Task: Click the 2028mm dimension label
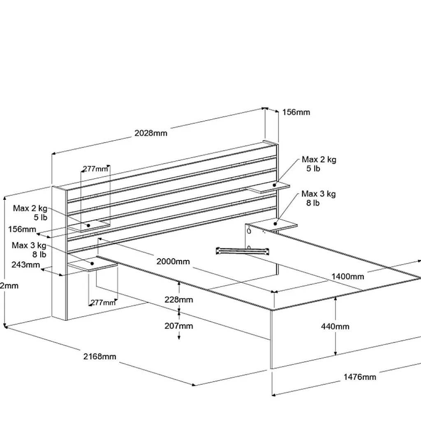[x=151, y=133]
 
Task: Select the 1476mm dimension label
[x=360, y=377]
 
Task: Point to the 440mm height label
[x=335, y=326]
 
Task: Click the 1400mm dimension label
[x=348, y=276]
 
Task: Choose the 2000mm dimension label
[x=173, y=261]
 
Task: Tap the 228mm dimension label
[x=178, y=299]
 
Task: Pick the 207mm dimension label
[x=178, y=326]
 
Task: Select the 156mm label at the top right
[x=296, y=112]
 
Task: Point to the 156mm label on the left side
[x=22, y=229]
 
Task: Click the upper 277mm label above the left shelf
[x=96, y=169]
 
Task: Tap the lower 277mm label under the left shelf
[x=103, y=303]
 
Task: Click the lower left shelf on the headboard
[x=93, y=266]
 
